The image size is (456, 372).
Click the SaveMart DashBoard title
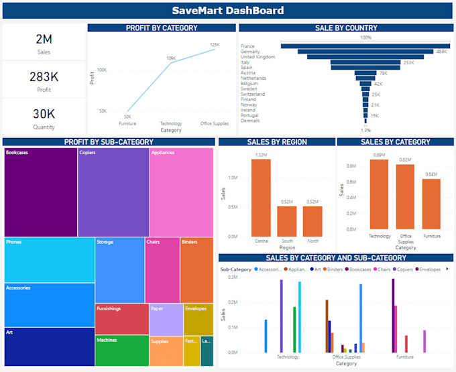coord(227,11)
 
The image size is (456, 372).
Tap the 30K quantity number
coord(44,113)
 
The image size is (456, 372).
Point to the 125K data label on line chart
coord(214,45)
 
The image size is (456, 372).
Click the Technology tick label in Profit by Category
coord(171,123)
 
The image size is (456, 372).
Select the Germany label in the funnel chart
coord(251,51)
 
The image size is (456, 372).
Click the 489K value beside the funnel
coord(441,51)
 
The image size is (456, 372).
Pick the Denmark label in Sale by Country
coord(250,121)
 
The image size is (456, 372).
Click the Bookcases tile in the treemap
coord(40,191)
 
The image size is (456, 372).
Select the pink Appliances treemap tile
coord(181,191)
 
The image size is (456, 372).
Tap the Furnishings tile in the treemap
coord(121,319)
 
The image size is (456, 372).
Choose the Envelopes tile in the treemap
coord(198,319)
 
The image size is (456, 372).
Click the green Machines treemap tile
coord(121,351)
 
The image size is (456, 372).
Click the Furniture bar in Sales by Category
coord(431,204)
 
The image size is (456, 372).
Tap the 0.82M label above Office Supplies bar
coord(404,160)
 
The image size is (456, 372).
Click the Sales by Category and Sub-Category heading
coord(335,257)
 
